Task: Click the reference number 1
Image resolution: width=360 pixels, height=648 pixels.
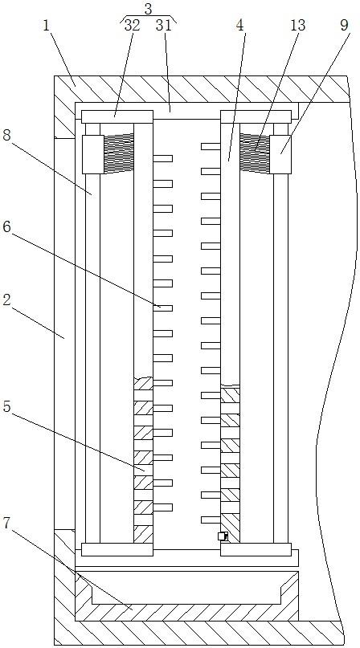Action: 46,26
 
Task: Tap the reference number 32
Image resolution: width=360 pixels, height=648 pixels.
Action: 133,25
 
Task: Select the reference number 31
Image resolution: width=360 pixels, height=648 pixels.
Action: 163,25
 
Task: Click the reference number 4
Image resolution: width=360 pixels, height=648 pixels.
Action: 240,26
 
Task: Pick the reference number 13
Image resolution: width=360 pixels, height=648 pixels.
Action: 297,25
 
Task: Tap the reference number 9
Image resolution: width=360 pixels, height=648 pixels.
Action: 344,25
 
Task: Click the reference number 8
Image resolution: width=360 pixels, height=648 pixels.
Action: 6,135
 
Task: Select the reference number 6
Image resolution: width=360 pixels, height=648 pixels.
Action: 6,227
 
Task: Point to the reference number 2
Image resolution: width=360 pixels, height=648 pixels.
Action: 6,300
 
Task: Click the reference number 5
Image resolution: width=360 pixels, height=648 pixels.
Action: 6,406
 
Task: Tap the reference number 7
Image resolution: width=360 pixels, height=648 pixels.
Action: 6,524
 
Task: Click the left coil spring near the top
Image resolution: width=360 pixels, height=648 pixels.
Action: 118,153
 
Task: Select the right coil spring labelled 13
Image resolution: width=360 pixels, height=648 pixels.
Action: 255,153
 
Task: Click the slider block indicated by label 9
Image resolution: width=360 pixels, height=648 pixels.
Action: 281,154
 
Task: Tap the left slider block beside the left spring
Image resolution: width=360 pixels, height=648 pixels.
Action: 92,154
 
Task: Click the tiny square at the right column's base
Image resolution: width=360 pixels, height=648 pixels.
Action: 223,536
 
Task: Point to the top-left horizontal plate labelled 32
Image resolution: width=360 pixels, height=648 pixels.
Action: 117,116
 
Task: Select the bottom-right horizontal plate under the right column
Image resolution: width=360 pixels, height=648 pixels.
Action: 256,550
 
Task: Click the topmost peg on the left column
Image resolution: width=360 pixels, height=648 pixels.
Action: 162,158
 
